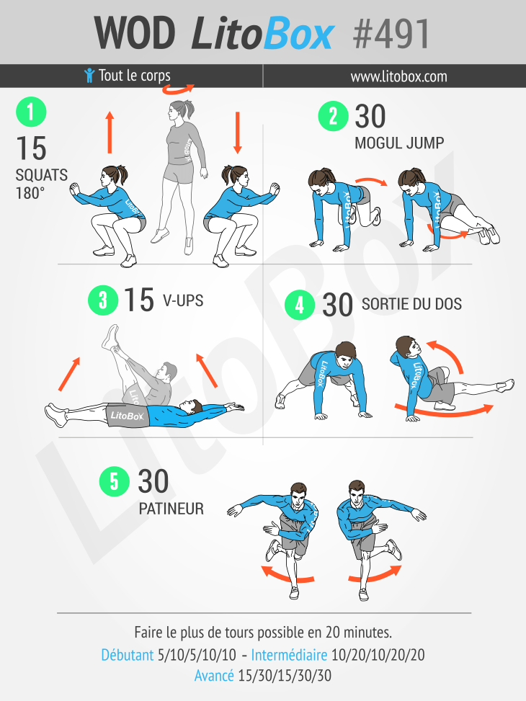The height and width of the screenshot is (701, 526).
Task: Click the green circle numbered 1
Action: click(31, 112)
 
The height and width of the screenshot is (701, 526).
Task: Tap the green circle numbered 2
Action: click(333, 116)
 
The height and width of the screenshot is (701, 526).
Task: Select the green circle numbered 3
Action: click(103, 300)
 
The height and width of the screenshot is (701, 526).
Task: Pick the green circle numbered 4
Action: click(300, 305)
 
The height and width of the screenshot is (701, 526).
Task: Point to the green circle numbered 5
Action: click(115, 481)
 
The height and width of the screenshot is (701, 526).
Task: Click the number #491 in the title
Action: click(391, 34)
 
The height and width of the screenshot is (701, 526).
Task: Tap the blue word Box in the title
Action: click(298, 33)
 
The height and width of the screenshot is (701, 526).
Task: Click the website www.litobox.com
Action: click(398, 76)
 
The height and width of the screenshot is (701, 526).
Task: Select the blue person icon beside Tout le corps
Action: click(89, 75)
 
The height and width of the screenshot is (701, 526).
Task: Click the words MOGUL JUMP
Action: click(399, 143)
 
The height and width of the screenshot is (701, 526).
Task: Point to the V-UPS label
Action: click(183, 300)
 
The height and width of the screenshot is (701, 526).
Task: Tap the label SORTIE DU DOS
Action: click(411, 304)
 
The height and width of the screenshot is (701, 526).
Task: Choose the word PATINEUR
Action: click(171, 509)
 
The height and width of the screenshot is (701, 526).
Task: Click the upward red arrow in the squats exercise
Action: click(110, 133)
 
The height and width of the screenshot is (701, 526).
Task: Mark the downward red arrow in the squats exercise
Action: click(238, 133)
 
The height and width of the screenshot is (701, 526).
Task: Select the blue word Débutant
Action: click(127, 655)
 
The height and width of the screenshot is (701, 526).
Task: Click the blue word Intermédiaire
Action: click(289, 655)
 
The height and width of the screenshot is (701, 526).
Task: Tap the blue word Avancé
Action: click(214, 675)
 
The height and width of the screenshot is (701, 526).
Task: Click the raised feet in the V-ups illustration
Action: click(112, 337)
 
